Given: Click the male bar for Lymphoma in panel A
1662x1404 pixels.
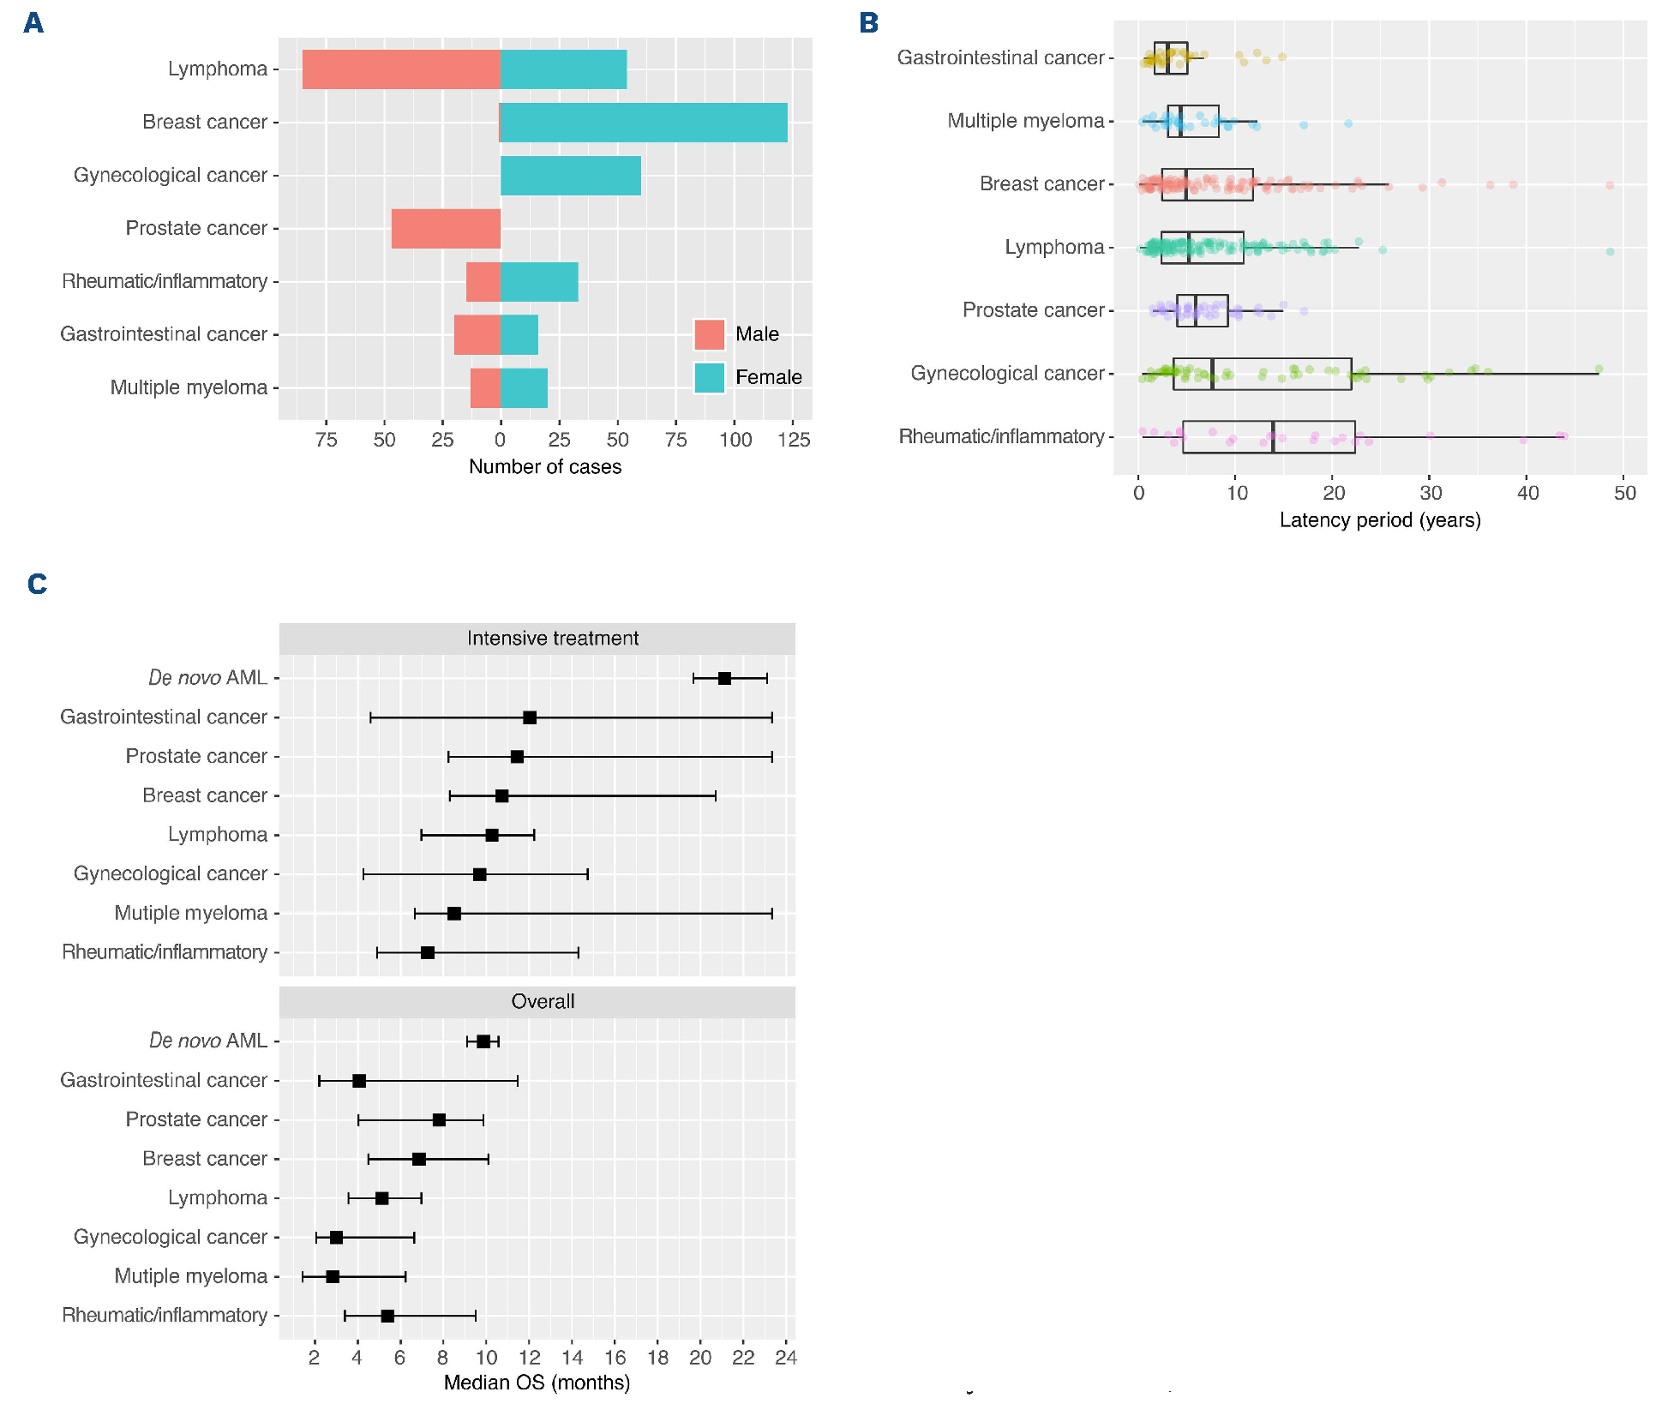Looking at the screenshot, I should tap(401, 69).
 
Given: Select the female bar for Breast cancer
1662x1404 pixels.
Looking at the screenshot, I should tap(643, 123).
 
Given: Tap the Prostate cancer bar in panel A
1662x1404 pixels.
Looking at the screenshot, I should tap(446, 229).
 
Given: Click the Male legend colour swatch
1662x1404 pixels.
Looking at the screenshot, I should tap(710, 334).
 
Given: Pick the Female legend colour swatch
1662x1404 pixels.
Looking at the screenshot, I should tap(710, 377).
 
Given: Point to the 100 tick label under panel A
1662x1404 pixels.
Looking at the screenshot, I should tap(735, 440).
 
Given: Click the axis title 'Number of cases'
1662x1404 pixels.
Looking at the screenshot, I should tap(545, 467).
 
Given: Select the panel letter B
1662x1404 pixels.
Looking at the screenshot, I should tap(868, 23).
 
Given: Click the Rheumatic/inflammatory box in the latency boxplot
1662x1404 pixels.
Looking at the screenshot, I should tap(1269, 437).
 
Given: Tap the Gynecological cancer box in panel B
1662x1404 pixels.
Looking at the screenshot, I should tap(1262, 374).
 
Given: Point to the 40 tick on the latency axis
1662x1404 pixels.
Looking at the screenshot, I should tap(1527, 493).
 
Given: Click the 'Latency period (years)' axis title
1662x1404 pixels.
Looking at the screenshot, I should tap(1380, 520).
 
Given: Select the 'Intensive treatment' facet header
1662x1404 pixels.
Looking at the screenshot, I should tap(553, 639).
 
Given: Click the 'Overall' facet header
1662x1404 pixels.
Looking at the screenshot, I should tap(543, 1002).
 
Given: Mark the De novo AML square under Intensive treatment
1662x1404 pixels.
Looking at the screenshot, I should tap(724, 679).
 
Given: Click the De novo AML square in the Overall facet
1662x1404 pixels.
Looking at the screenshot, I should tap(483, 1041).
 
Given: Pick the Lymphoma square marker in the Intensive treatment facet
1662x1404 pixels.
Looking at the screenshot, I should tap(492, 835).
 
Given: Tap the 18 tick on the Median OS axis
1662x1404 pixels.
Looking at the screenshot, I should tap(657, 1358).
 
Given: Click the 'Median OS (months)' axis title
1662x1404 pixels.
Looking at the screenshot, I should tap(537, 1383).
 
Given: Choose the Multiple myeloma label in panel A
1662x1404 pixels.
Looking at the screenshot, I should tap(189, 388).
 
